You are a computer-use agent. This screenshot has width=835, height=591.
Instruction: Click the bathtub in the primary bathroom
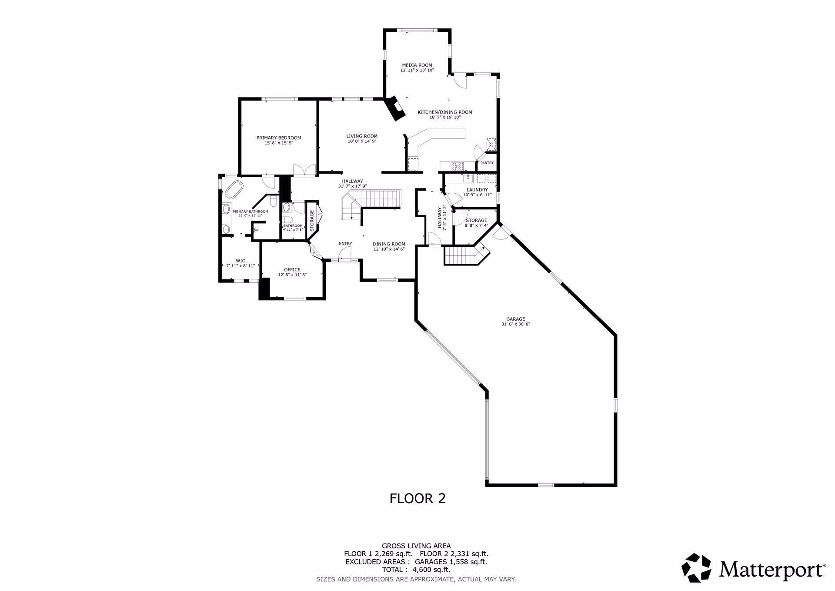click(234, 190)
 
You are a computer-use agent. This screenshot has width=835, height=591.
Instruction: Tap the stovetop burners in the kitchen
click(458, 166)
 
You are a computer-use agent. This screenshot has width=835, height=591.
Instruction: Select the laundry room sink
click(468, 178)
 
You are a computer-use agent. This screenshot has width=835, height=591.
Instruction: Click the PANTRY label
click(487, 163)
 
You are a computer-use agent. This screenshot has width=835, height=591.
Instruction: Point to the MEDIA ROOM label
click(417, 65)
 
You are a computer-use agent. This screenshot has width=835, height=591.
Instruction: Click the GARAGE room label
click(515, 319)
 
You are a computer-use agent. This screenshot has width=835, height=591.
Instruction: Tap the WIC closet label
click(240, 261)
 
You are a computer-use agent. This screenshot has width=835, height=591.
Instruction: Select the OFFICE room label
click(292, 270)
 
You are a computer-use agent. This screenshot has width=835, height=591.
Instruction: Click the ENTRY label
click(345, 244)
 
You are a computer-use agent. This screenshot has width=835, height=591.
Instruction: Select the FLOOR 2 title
click(417, 498)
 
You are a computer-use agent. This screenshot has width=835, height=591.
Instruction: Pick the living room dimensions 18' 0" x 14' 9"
click(361, 141)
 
